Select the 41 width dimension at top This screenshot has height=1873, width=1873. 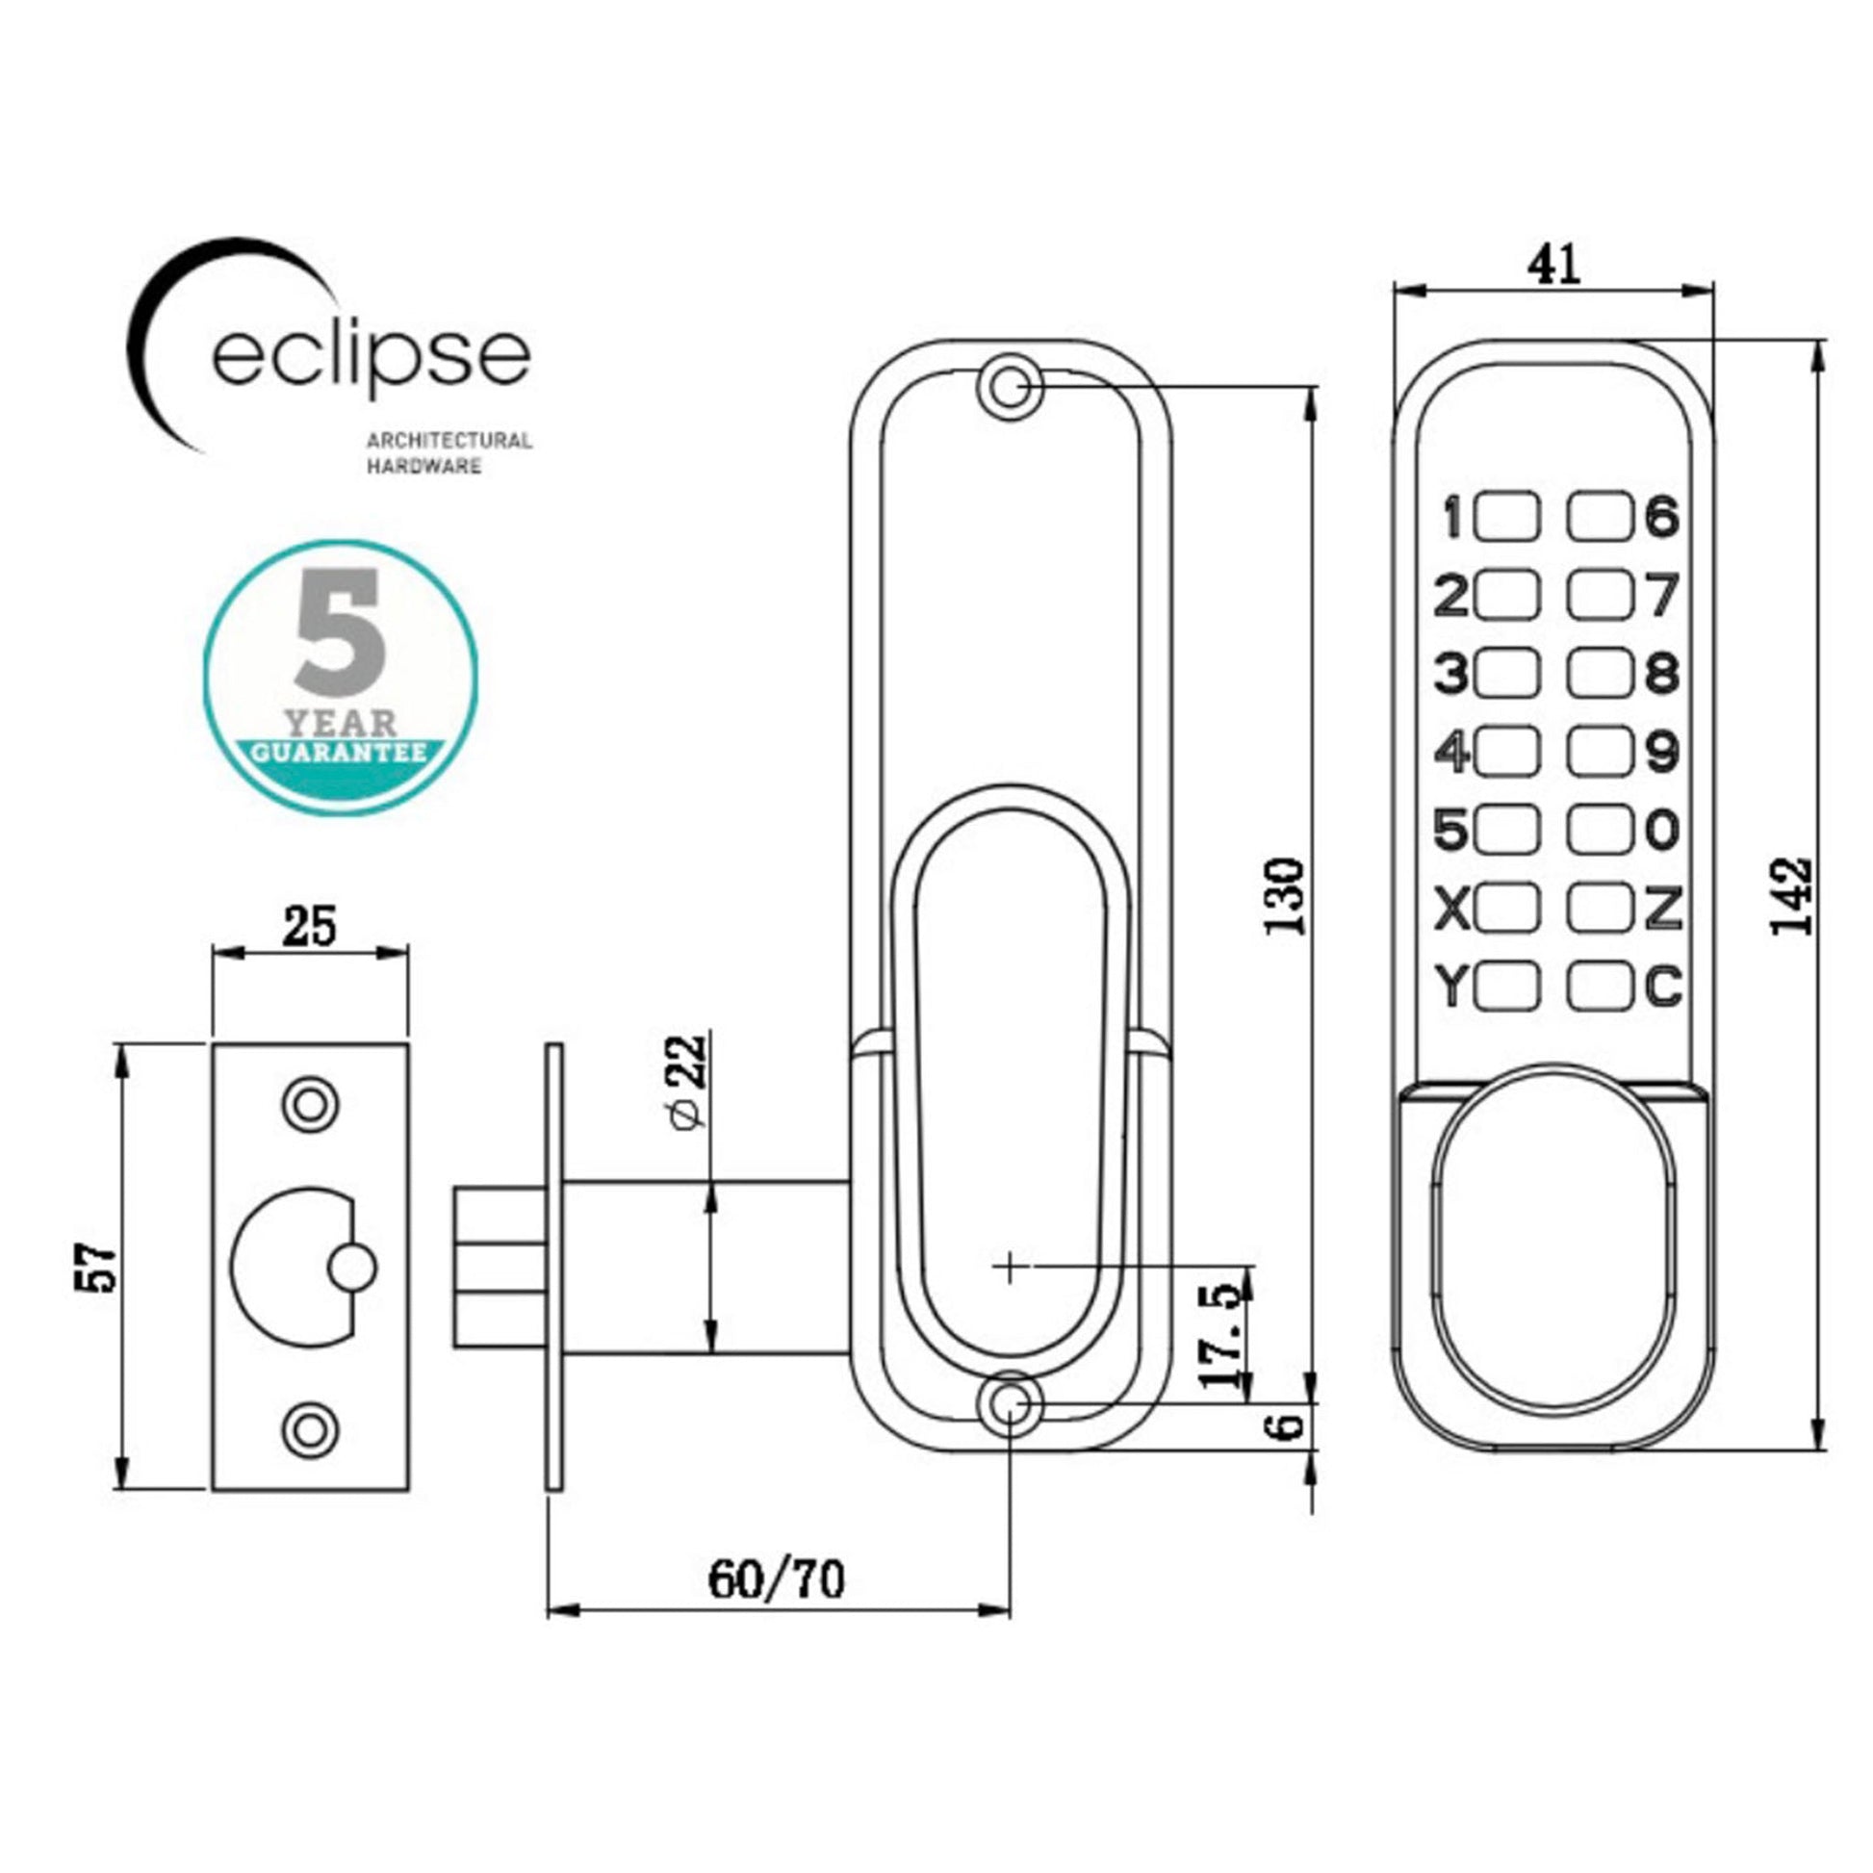pos(1554,265)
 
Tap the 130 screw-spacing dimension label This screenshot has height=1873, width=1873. pos(1287,895)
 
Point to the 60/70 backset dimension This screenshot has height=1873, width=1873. pos(777,1579)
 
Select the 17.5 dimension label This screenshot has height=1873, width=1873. pos(1222,1336)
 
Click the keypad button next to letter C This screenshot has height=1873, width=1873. pos(1599,988)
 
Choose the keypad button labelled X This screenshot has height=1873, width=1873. pos(1506,909)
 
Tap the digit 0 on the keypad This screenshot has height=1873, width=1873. pos(1661,830)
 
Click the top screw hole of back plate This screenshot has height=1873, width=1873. pos(1010,388)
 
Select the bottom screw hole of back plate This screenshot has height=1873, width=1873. pos(1010,1405)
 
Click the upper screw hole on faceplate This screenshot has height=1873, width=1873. pos(309,1104)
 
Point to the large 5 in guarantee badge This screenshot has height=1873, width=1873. pos(340,631)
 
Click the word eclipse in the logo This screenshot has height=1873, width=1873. pos(372,357)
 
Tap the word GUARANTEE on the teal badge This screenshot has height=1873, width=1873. pos(340,754)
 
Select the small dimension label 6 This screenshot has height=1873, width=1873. pos(1287,1426)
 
